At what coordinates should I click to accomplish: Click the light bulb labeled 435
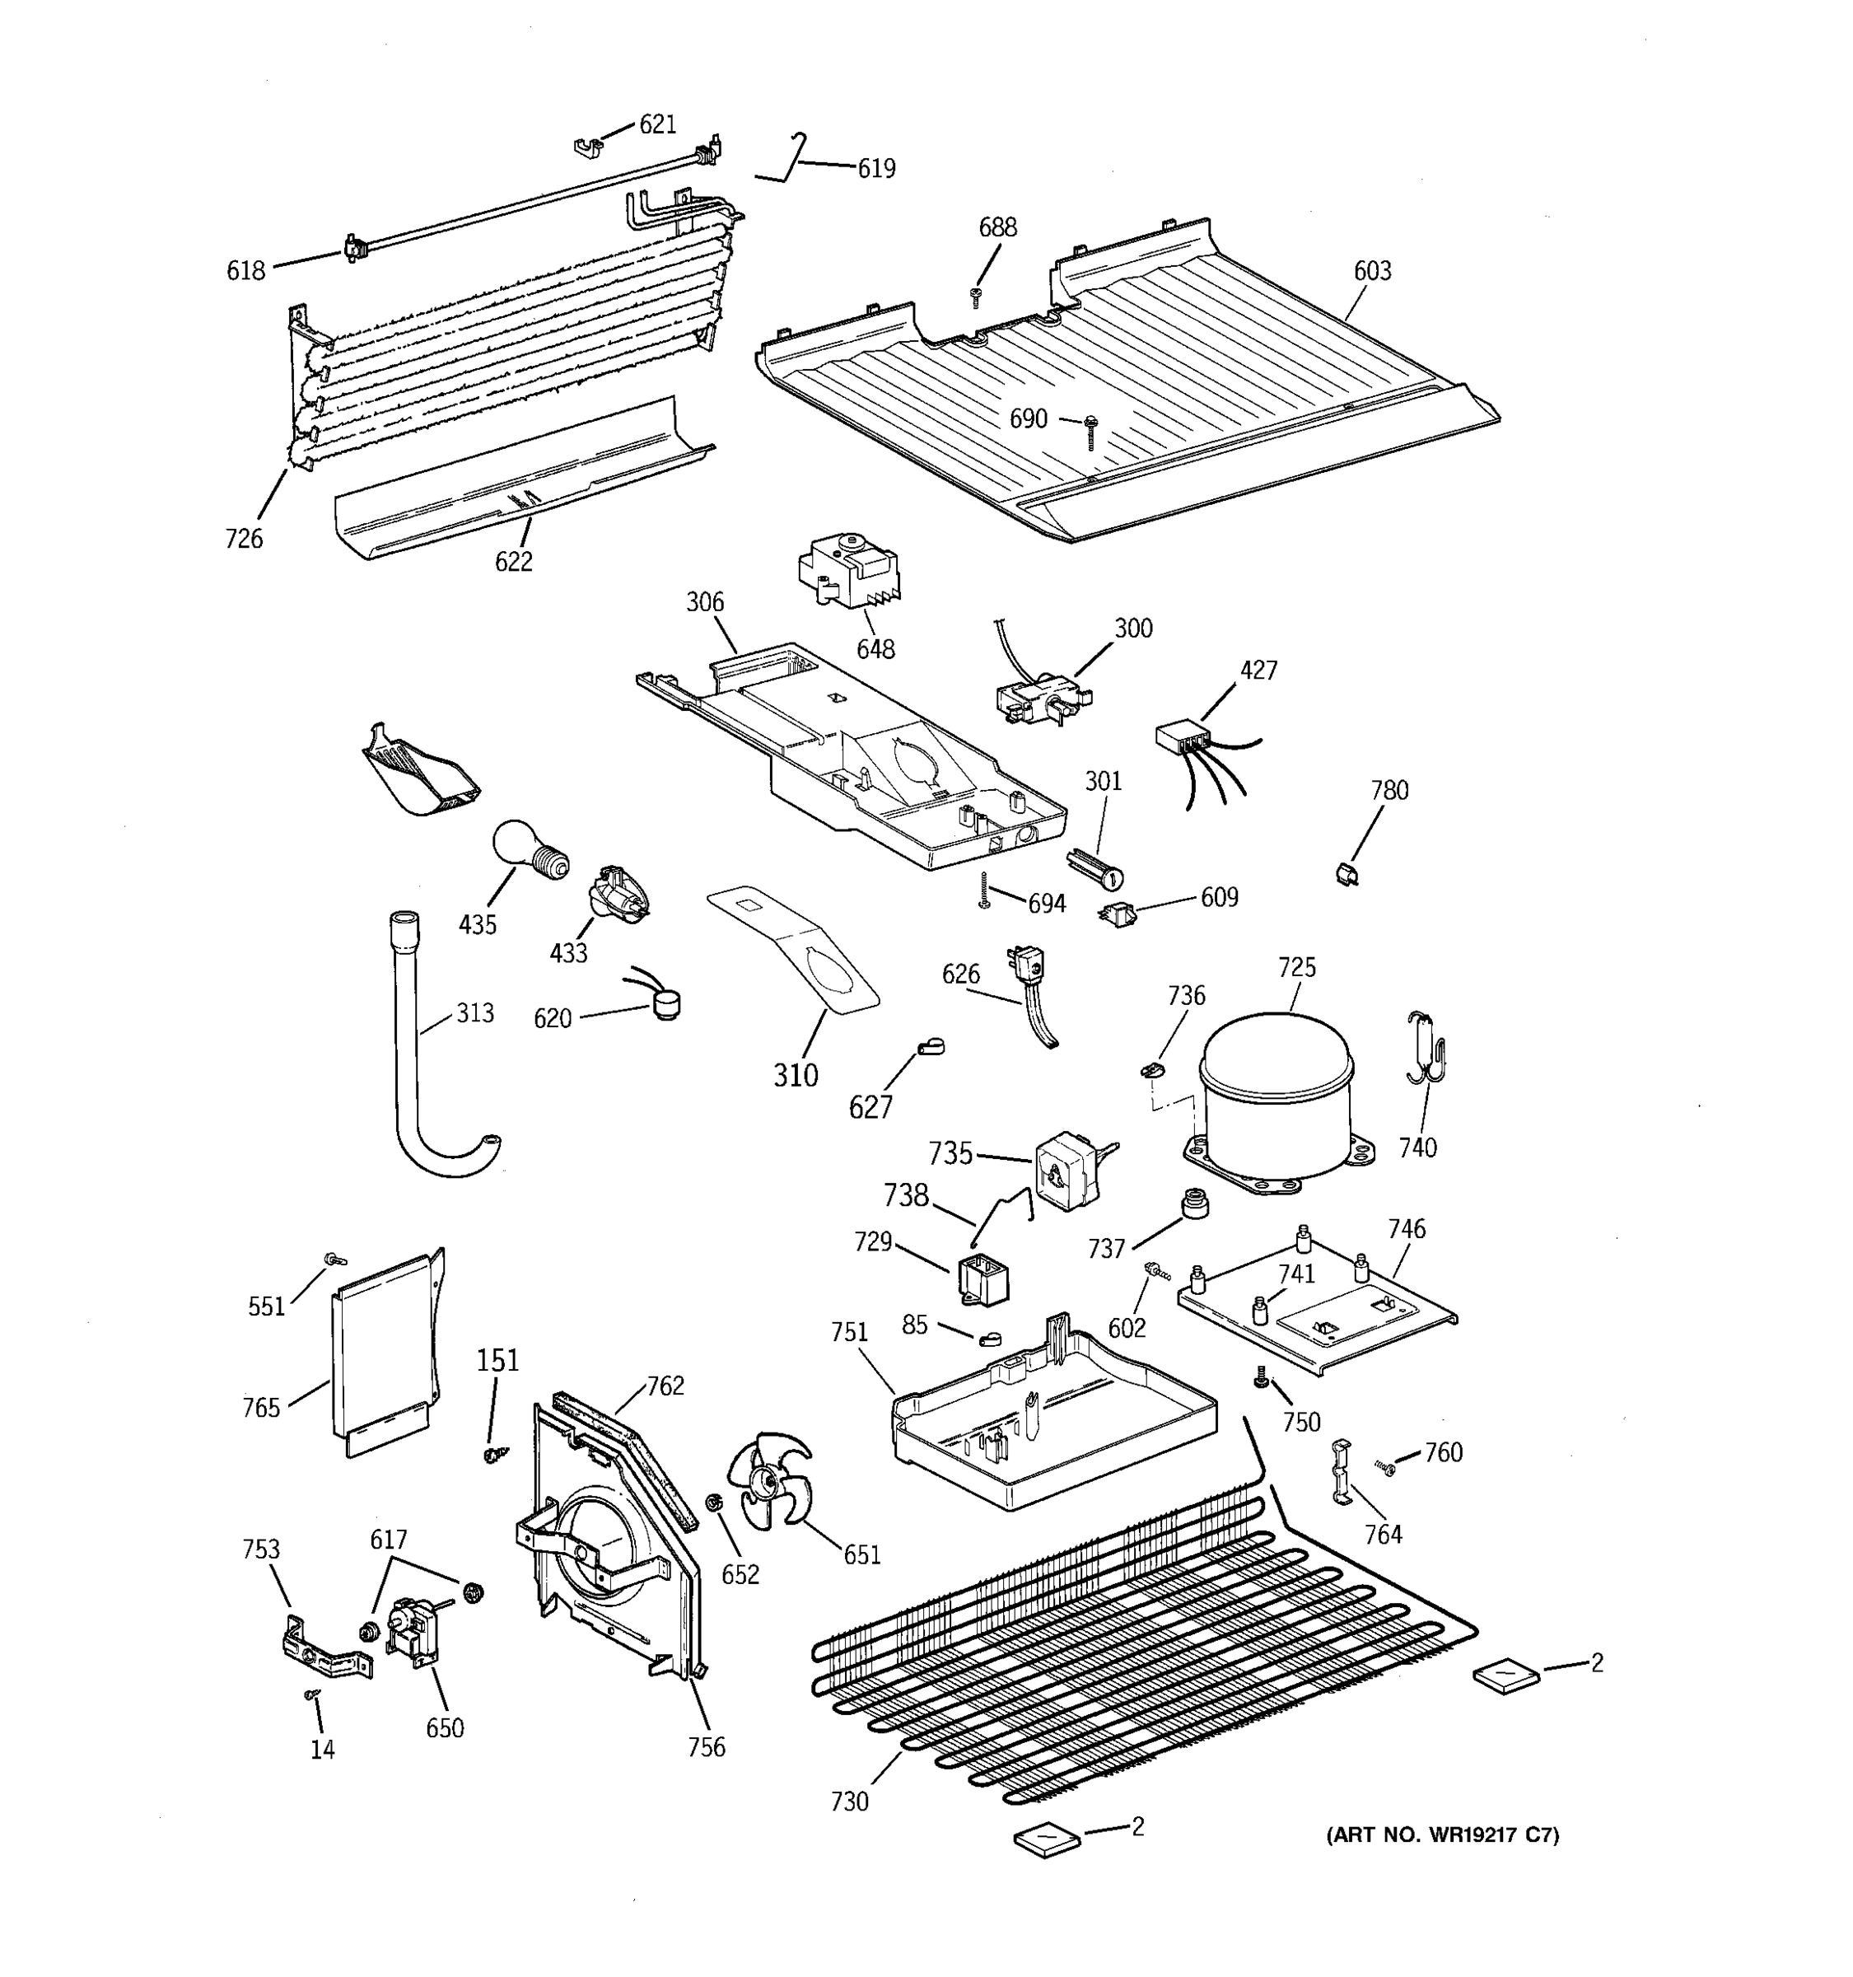point(527,849)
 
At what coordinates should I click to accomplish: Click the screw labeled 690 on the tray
point(1090,430)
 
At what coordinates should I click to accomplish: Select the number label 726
point(244,539)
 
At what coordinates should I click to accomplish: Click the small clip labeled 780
point(1347,873)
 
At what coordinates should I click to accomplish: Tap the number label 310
point(796,1074)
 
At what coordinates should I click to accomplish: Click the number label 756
point(706,1746)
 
